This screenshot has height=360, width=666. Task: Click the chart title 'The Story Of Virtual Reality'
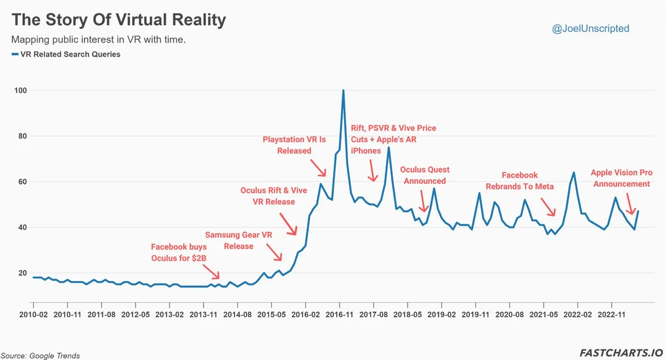click(119, 20)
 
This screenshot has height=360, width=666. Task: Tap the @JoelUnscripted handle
click(591, 28)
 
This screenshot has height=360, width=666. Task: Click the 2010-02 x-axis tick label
click(33, 314)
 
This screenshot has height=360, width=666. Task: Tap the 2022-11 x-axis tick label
click(611, 314)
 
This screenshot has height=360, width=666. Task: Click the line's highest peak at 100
click(343, 91)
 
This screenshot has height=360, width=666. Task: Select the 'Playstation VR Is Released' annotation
click(294, 145)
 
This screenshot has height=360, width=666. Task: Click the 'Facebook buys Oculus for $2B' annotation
click(179, 253)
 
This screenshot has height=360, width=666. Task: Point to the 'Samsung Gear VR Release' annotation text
click(239, 240)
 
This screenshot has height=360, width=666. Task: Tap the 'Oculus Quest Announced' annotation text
click(424, 175)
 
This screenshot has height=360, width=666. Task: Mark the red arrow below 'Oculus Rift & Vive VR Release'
click(288, 224)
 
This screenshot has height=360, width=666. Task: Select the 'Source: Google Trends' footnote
click(40, 356)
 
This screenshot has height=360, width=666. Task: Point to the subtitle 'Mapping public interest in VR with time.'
click(99, 39)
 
